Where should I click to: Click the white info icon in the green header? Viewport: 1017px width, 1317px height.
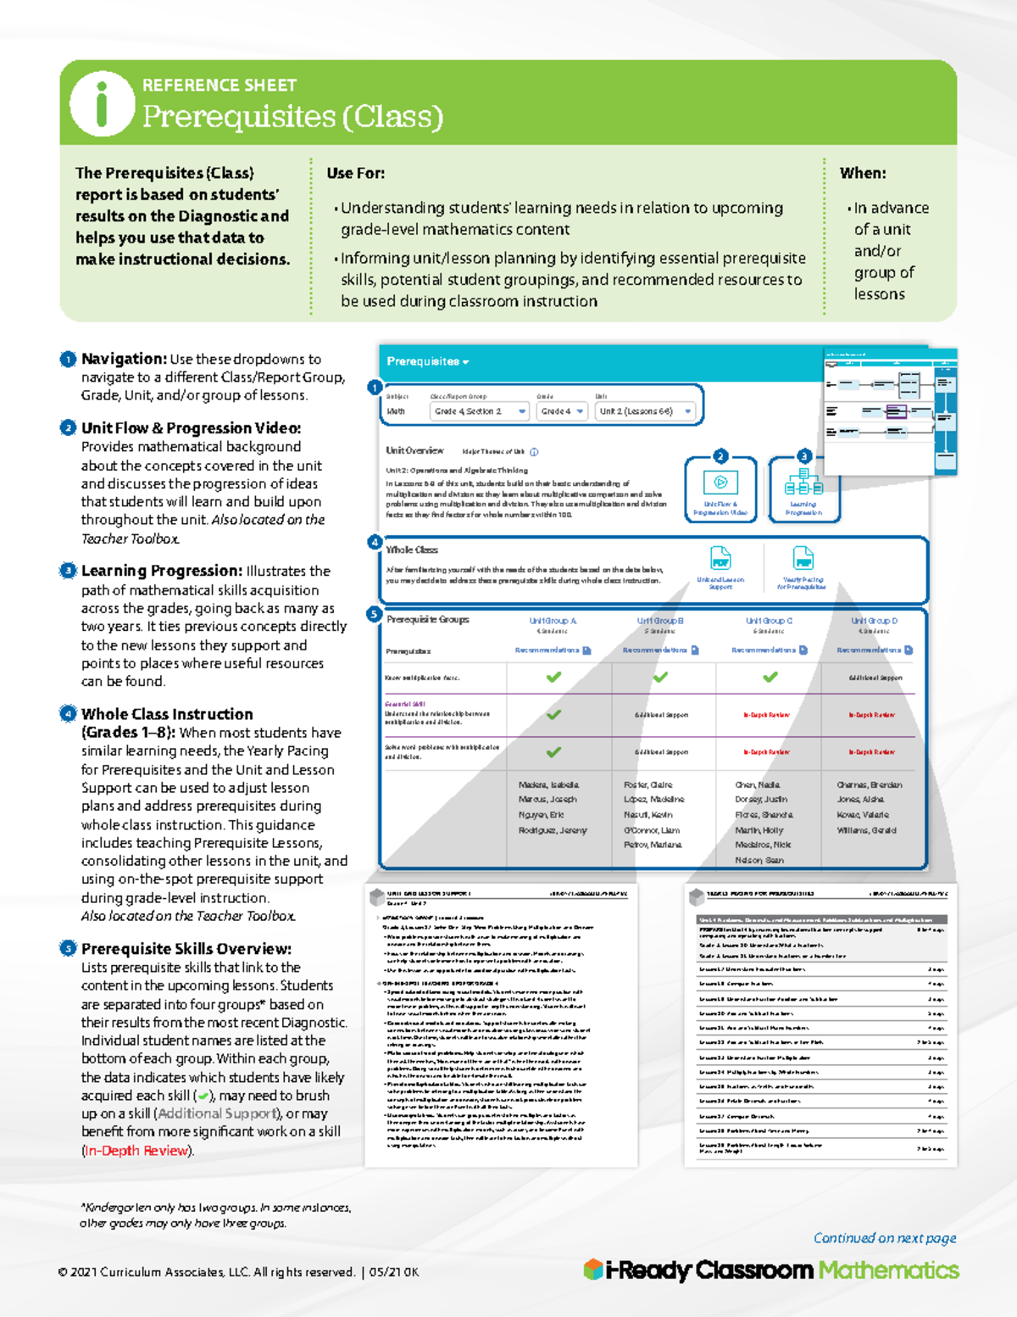pos(103,103)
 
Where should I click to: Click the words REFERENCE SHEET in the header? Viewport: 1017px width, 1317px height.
pos(220,86)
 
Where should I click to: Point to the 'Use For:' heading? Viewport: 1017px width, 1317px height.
pos(356,173)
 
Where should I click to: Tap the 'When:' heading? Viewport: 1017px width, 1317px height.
pos(863,173)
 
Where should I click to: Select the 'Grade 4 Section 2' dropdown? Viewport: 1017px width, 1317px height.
pos(480,411)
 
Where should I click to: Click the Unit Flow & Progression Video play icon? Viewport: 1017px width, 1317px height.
pos(720,482)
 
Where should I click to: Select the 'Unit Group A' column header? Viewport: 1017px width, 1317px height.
pos(553,621)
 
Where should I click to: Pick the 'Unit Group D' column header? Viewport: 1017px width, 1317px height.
pos(874,621)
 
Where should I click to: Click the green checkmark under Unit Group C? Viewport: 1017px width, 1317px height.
pos(770,677)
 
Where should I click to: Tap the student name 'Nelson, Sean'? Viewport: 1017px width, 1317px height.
pos(759,860)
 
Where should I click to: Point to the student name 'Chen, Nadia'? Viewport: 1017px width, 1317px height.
pos(758,785)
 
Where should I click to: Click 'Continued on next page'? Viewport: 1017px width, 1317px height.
pos(884,1238)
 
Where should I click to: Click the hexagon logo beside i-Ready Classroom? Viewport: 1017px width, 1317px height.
pos(593,1270)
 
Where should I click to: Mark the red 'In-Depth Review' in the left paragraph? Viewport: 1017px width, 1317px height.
pos(137,1151)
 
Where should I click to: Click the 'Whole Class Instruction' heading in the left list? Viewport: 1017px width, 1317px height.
pos(167,714)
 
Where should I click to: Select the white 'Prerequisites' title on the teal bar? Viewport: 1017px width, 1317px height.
pos(424,361)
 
